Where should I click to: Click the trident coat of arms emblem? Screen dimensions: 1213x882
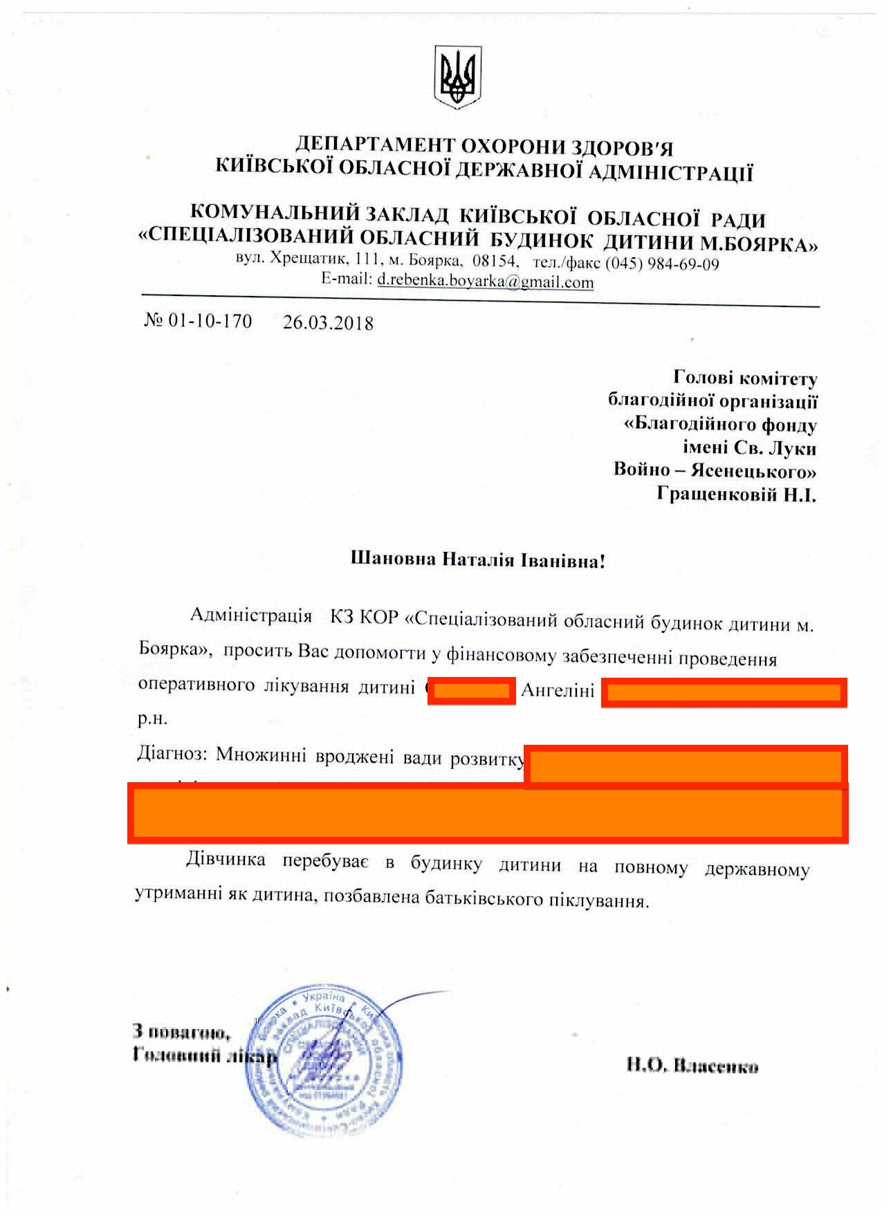(x=457, y=76)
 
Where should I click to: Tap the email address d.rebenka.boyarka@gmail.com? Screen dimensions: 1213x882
(x=485, y=282)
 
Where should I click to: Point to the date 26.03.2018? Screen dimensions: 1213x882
(x=328, y=323)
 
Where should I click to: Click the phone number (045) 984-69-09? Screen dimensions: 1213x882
(x=662, y=264)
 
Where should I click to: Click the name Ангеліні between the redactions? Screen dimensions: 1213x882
(x=558, y=690)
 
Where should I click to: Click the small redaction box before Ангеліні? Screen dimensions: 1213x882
(x=472, y=692)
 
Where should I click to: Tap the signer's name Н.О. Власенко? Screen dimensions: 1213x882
(x=692, y=1066)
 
